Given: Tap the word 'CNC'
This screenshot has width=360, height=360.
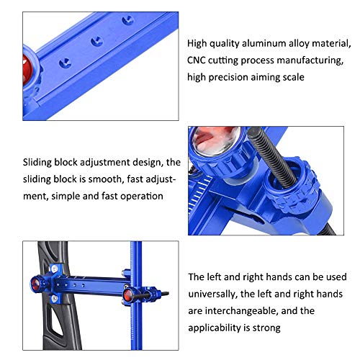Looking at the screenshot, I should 199,60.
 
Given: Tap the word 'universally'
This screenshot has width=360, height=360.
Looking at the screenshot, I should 212,294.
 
